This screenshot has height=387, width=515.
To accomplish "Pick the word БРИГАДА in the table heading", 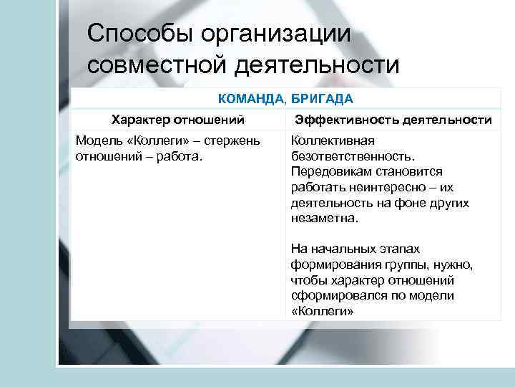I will [322, 97].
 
